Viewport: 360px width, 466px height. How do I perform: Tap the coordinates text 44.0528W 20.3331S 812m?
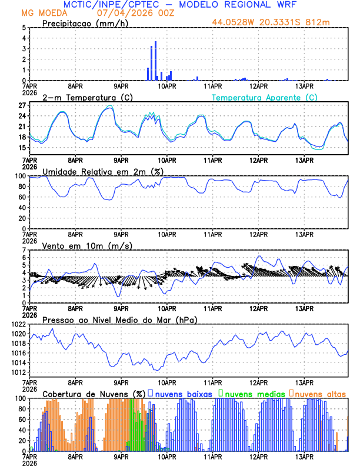[279, 22]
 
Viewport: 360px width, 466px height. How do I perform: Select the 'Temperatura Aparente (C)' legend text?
[265, 97]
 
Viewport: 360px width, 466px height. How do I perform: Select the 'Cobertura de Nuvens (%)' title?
[94, 393]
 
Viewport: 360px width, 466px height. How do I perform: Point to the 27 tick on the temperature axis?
[21, 106]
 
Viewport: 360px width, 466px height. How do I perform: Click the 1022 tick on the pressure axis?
[16, 324]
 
